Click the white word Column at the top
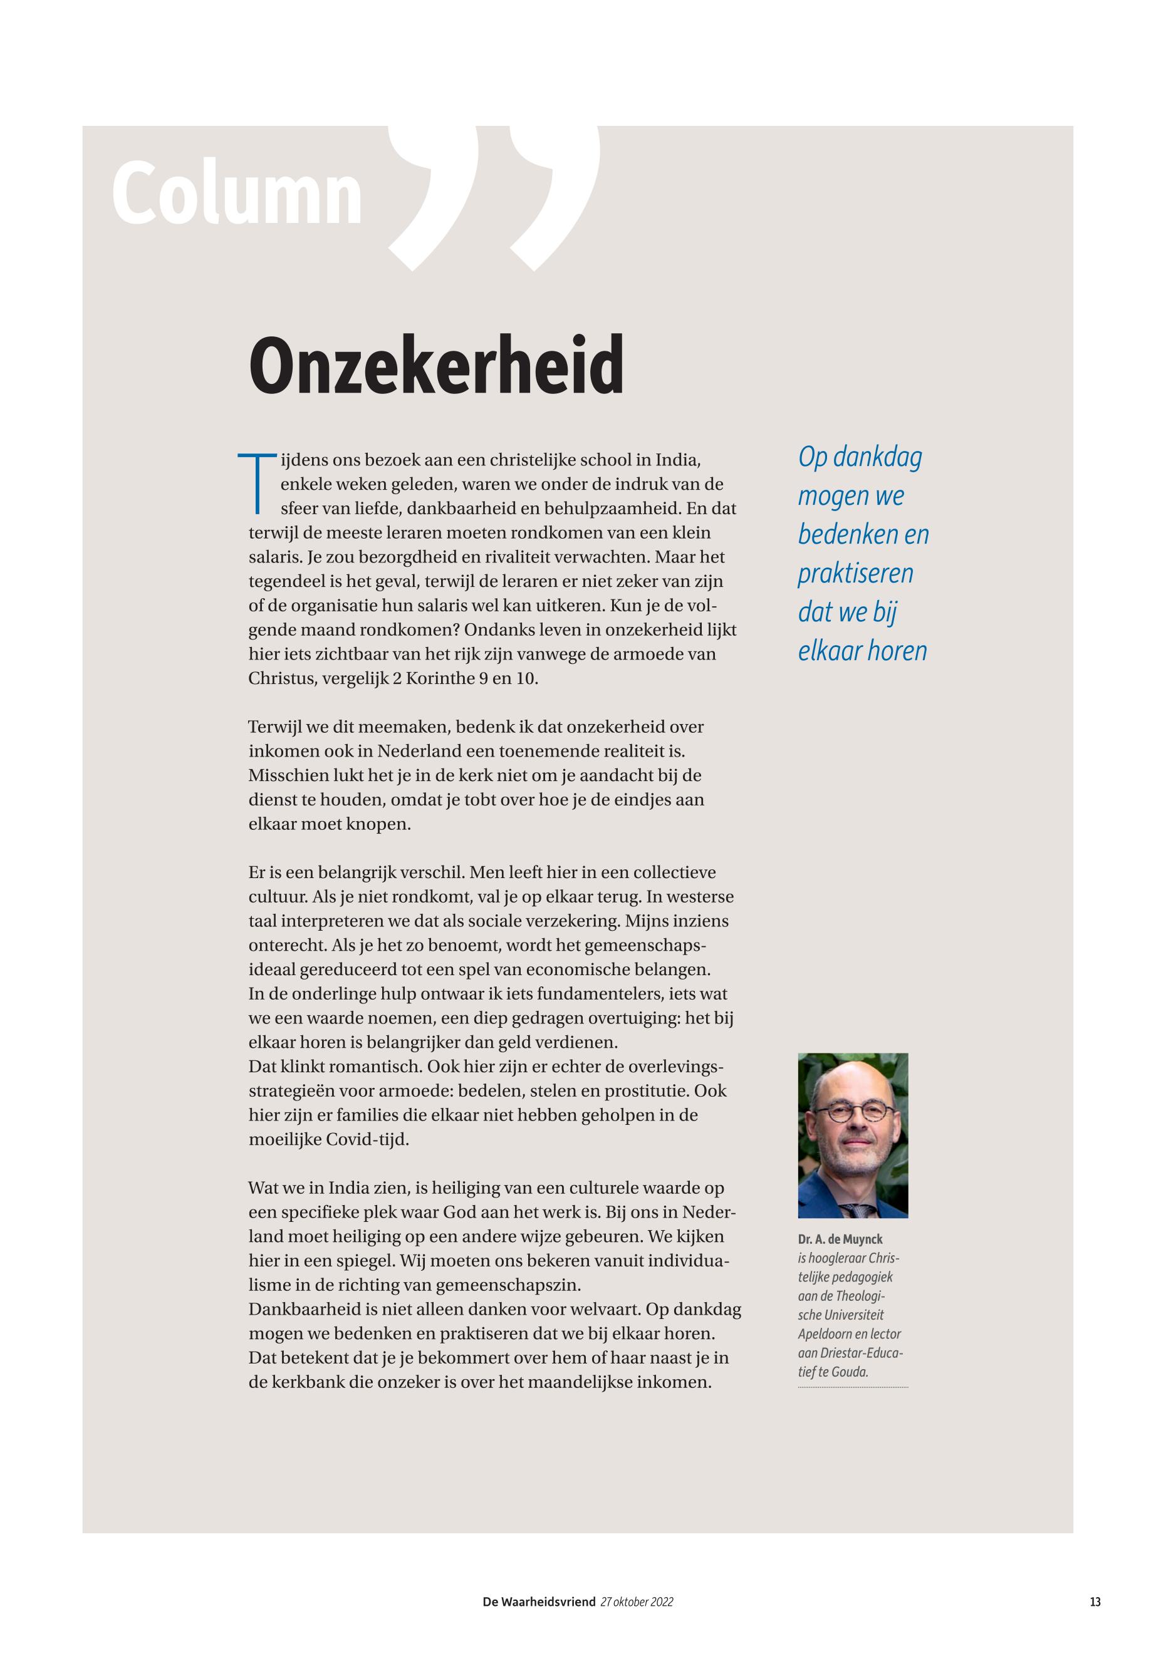pyautogui.click(x=236, y=193)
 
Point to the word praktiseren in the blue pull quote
pyautogui.click(x=855, y=574)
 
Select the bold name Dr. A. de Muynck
pyautogui.click(x=840, y=1239)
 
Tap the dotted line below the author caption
pyautogui.click(x=853, y=1387)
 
